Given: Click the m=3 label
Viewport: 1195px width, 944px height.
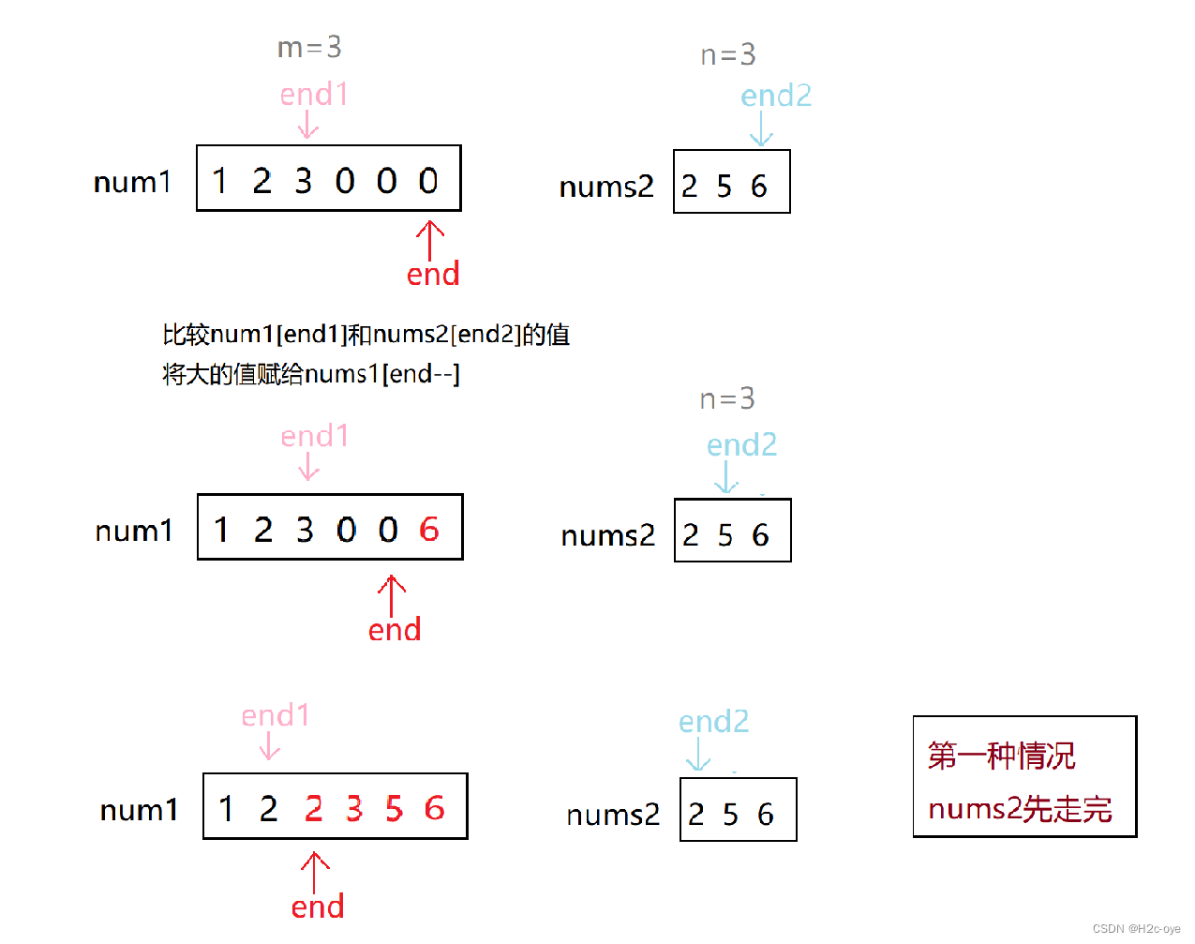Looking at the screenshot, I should [309, 47].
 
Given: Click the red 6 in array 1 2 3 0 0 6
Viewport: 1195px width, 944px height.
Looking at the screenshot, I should [429, 530].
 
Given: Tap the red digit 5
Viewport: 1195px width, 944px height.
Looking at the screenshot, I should [394, 808].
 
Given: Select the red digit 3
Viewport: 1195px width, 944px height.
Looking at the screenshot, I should [353, 808].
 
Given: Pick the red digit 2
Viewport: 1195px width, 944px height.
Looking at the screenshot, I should [313, 808].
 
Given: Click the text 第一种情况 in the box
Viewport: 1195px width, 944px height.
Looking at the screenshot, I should [1001, 756].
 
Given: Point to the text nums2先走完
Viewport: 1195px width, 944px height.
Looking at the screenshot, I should [1020, 808].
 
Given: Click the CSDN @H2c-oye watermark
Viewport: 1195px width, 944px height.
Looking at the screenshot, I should [1136, 929].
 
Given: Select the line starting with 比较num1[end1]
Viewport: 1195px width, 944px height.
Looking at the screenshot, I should [366, 335].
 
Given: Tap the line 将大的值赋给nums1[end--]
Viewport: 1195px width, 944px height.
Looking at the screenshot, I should [311, 374].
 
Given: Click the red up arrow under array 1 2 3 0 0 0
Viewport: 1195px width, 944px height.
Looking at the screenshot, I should [430, 240].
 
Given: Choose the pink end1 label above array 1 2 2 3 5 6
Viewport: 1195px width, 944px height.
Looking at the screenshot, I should [275, 715].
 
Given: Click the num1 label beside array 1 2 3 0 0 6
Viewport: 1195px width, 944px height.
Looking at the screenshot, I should [134, 532].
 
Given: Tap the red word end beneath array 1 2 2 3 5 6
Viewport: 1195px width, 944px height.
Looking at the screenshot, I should [318, 907].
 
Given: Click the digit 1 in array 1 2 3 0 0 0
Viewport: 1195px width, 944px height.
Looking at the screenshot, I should [220, 180].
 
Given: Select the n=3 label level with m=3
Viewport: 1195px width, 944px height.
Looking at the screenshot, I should [727, 55].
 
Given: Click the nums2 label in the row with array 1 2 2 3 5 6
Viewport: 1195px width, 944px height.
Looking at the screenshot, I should [613, 815].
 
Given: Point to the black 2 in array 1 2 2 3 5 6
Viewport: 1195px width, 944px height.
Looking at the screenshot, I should [268, 808].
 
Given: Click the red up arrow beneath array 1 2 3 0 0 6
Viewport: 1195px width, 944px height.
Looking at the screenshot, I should [392, 595].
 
